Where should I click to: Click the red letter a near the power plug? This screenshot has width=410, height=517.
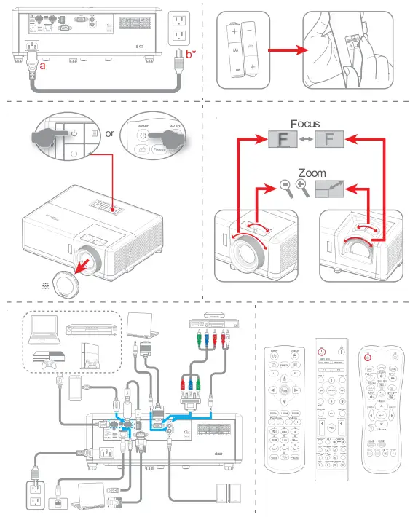tap(43, 66)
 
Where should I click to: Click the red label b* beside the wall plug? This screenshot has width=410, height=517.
tap(192, 54)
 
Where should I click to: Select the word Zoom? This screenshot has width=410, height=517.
tap(311, 175)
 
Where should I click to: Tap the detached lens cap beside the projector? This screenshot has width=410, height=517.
tap(62, 285)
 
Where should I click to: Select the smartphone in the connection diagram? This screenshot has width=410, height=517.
tap(74, 390)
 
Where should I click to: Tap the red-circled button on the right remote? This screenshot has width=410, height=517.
tap(368, 357)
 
